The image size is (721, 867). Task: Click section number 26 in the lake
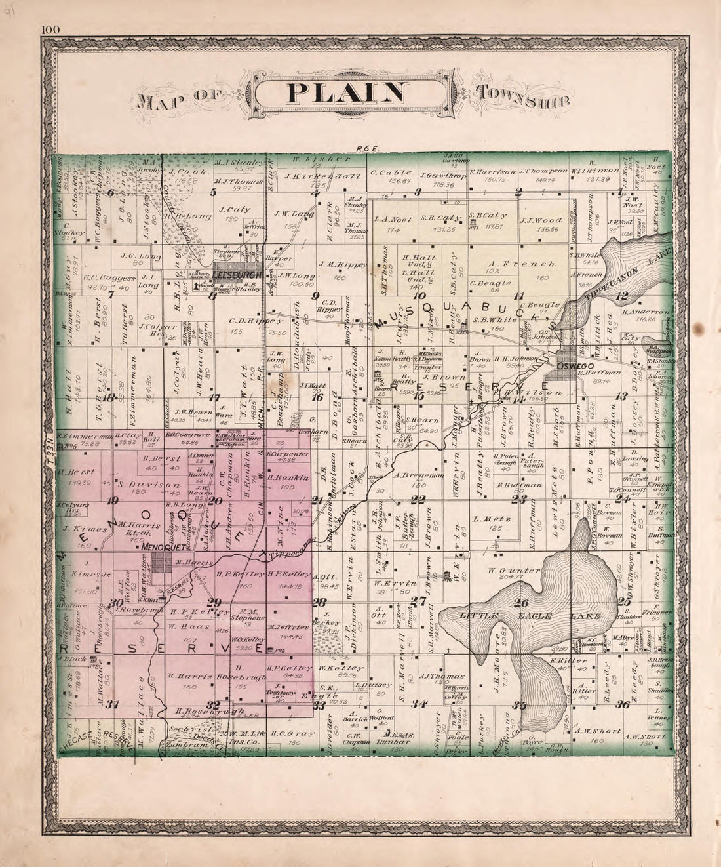pyautogui.click(x=521, y=604)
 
